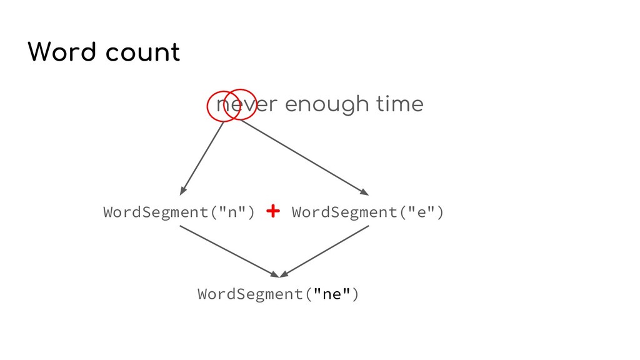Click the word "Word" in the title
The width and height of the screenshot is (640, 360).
(61, 52)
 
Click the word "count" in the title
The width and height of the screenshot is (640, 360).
(142, 54)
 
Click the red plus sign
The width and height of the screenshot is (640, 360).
(272, 211)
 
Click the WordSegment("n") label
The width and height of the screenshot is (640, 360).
(179, 212)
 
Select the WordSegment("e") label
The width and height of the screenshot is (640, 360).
(368, 212)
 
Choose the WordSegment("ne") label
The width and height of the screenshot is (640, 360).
(278, 294)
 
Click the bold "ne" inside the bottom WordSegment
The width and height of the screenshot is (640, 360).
(331, 294)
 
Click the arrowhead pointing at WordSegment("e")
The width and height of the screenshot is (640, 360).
(364, 191)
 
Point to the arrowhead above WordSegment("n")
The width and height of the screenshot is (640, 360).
(184, 189)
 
